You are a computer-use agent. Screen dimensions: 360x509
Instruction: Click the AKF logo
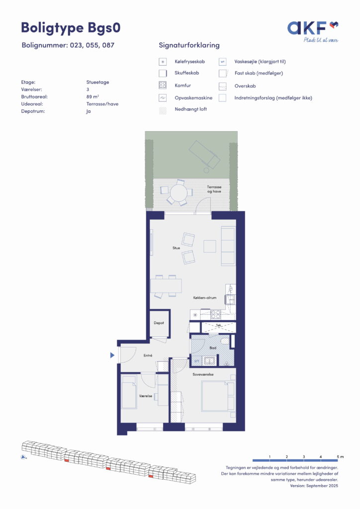click(x=313, y=31)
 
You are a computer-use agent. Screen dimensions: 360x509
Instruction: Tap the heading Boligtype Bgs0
click(x=71, y=27)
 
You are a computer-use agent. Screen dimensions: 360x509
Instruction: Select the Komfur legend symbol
click(x=162, y=85)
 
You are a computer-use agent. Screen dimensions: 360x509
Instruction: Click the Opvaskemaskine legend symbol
click(x=162, y=98)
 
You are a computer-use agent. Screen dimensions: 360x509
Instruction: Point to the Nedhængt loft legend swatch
click(x=162, y=110)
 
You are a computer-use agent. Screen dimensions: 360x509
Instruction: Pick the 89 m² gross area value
click(x=92, y=96)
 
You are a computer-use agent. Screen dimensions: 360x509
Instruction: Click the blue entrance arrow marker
click(x=112, y=355)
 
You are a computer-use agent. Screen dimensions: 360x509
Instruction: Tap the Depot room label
click(x=159, y=323)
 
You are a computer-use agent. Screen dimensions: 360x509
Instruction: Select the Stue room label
click(x=176, y=248)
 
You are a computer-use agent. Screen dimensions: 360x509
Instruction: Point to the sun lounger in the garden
click(x=204, y=155)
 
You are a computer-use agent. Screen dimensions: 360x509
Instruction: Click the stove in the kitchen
click(x=216, y=314)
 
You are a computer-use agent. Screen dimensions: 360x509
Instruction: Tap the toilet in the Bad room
click(x=225, y=341)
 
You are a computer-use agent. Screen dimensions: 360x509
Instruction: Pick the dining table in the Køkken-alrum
click(x=166, y=286)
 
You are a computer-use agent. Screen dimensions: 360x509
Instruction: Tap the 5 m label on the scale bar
click(x=340, y=457)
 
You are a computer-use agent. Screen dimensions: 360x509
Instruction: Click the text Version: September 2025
click(x=314, y=486)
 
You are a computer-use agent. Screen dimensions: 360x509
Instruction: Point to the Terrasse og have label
click(x=214, y=189)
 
